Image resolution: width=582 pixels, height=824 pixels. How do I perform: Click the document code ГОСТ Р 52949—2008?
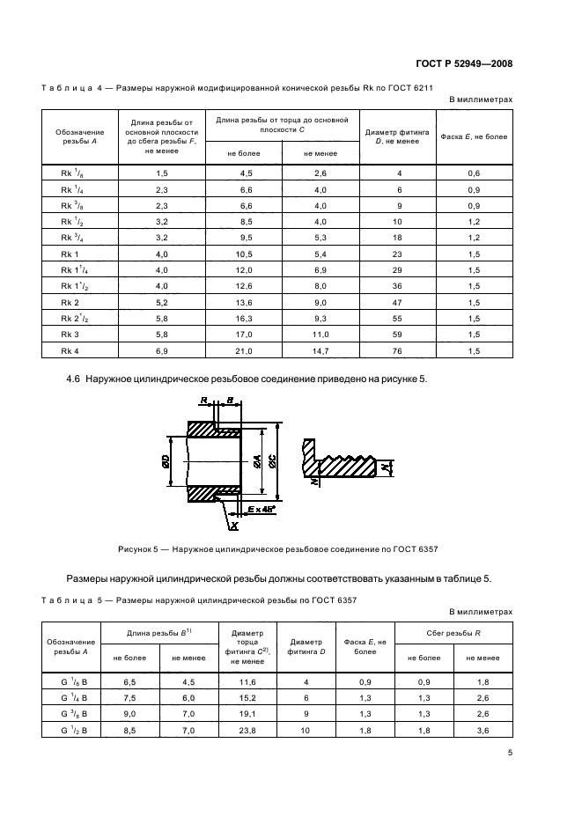tap(464, 63)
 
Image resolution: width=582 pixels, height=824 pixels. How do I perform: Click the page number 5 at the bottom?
tap(510, 753)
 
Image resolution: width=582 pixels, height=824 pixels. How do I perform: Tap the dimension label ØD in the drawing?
tap(168, 463)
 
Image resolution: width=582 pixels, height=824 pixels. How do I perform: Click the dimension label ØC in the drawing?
tap(276, 462)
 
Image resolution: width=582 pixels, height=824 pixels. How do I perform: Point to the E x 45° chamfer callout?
tap(262, 509)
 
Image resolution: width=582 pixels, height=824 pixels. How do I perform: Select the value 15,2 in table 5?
tap(247, 696)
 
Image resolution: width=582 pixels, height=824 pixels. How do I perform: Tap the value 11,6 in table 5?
tap(247, 681)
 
